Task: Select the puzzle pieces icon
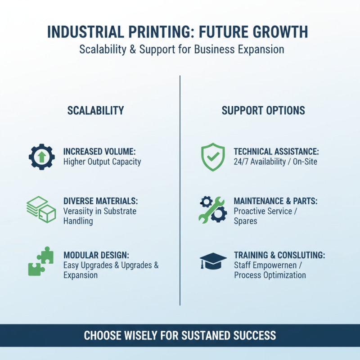[40, 262]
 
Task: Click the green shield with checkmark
[212, 157]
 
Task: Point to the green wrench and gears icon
[212, 209]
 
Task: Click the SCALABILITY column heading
[95, 111]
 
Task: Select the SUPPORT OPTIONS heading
[263, 111]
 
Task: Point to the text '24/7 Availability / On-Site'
[275, 162]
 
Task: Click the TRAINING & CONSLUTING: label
[279, 255]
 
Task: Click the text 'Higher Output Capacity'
[102, 162]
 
